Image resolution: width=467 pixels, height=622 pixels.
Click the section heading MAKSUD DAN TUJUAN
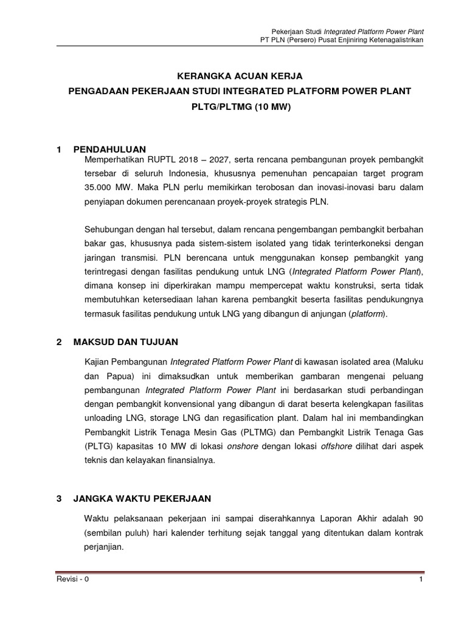[x=125, y=342]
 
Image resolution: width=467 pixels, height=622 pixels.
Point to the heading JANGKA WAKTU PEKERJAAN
[x=142, y=499]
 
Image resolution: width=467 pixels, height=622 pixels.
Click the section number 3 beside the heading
[x=59, y=499]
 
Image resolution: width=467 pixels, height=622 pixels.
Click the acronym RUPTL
[x=162, y=159]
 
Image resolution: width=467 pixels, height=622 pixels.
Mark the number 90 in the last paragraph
[x=418, y=518]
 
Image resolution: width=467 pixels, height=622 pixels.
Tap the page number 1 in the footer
[x=421, y=579]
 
